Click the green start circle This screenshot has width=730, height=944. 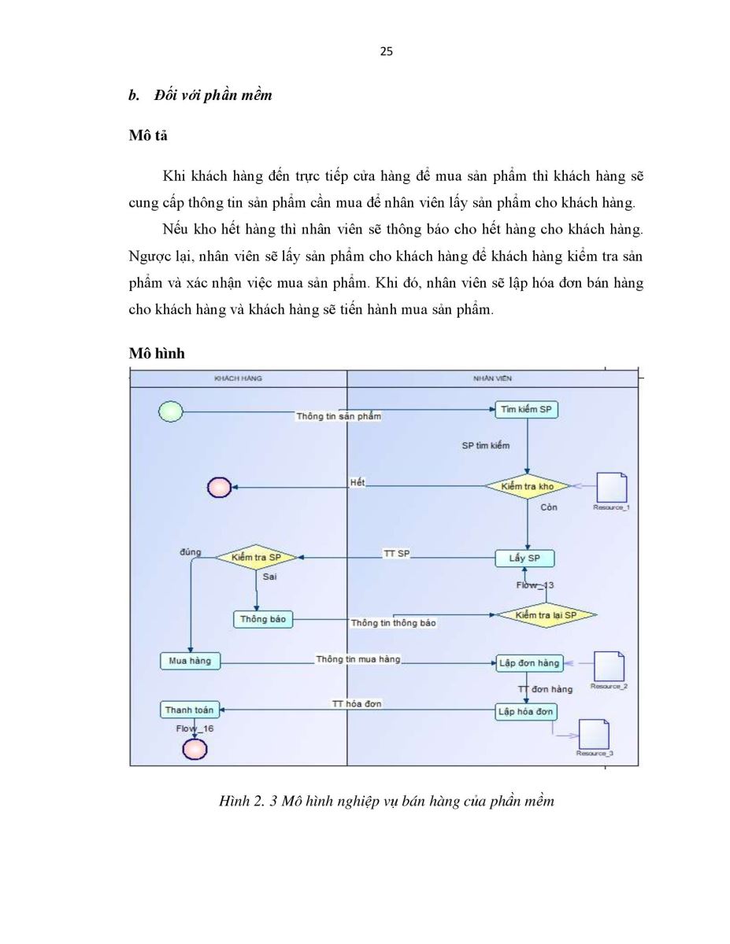click(x=170, y=411)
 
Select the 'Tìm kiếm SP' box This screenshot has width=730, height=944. click(x=526, y=410)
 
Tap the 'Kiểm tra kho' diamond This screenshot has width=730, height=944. click(x=528, y=486)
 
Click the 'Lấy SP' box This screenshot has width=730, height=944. click(x=524, y=559)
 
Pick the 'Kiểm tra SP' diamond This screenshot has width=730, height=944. click(x=256, y=558)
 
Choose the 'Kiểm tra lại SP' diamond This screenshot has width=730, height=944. click(x=546, y=615)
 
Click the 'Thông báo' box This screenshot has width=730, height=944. click(x=263, y=619)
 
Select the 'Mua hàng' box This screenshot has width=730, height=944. click(x=190, y=661)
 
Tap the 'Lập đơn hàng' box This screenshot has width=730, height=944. click(x=529, y=663)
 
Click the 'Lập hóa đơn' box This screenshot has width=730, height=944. click(x=526, y=712)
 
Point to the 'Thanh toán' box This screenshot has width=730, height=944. click(x=190, y=710)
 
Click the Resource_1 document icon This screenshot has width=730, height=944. click(x=612, y=488)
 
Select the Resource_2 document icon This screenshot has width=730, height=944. click(x=610, y=666)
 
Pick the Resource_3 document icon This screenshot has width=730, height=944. click(x=594, y=734)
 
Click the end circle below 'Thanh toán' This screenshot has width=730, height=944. click(x=195, y=750)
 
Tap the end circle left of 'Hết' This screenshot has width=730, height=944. click(x=219, y=488)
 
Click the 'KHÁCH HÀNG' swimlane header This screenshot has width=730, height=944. click(x=239, y=378)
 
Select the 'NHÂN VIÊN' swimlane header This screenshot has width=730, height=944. click(x=493, y=378)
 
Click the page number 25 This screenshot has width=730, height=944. click(x=387, y=52)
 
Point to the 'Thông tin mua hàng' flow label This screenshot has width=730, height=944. click(x=358, y=659)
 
